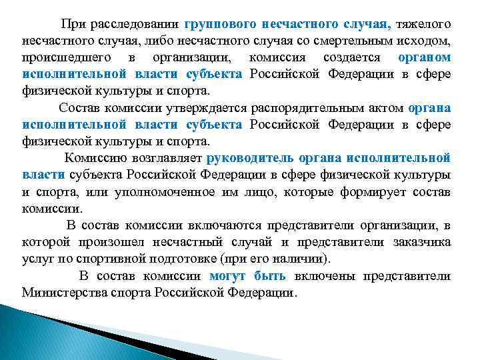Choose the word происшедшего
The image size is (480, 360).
64,58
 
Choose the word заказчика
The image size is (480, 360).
418,241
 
